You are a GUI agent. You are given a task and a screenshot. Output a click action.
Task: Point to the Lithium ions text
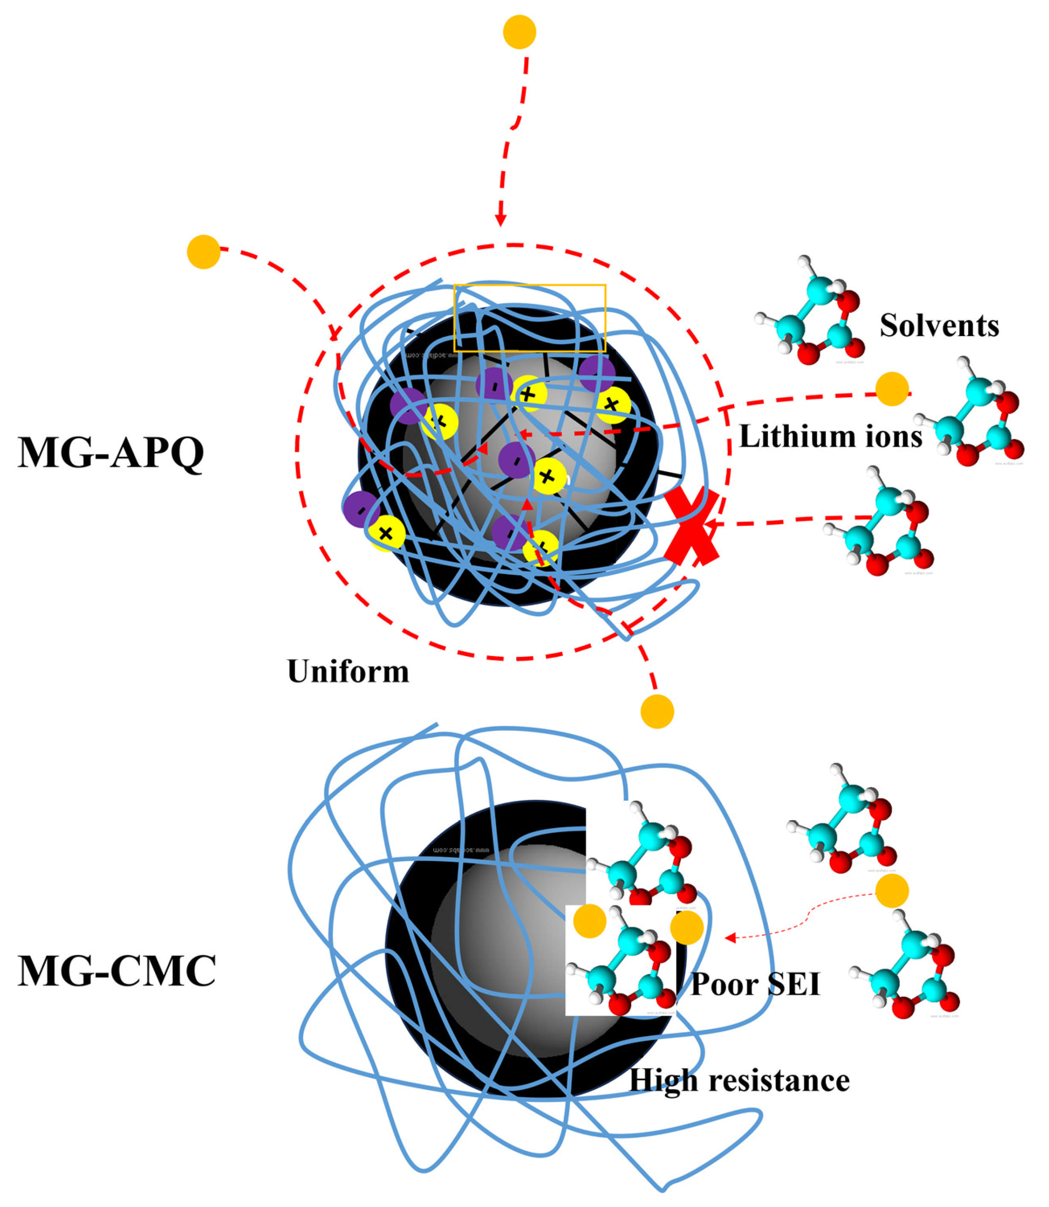[831, 437]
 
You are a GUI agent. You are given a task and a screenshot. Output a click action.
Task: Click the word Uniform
[348, 671]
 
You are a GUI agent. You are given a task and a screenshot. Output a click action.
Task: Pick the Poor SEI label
[755, 984]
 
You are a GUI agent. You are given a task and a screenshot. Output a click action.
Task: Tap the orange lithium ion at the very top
[519, 32]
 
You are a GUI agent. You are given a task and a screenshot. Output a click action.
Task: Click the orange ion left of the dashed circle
[203, 252]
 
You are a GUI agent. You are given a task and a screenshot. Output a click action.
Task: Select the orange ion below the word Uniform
[657, 712]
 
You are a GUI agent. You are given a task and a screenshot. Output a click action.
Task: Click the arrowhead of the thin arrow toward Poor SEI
[729, 938]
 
